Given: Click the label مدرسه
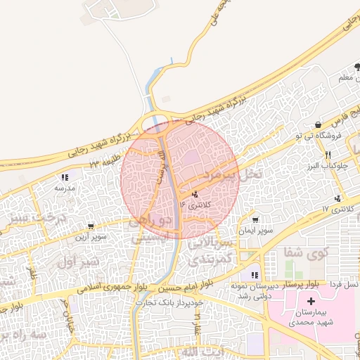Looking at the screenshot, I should tap(64, 188).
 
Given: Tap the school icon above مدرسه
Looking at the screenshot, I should tap(65, 178).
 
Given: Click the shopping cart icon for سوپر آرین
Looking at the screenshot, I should tap(91, 226).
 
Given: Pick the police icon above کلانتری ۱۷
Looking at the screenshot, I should tap(339, 198).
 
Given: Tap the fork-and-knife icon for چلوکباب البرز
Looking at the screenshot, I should tap(327, 155).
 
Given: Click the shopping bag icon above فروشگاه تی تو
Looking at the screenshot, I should tap(319, 124).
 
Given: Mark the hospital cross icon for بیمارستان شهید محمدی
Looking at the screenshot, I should tap(311, 301).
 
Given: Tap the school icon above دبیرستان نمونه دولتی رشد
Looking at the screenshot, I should tap(255, 275).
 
